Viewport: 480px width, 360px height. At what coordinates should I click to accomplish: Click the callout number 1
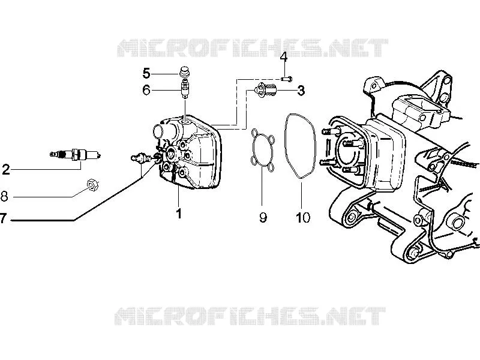pos(179,214)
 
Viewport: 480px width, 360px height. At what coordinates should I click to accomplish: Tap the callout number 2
pos(6,169)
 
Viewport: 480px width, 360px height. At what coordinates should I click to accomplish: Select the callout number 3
pos(301,91)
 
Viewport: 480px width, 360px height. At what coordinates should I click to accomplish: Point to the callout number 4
pos(284,57)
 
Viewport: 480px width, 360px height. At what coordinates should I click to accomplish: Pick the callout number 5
pos(146,74)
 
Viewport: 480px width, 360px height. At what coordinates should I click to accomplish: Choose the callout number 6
pos(146,90)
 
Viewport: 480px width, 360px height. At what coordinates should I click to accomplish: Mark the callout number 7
pos(3,218)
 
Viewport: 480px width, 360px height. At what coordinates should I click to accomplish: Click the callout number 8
pos(4,196)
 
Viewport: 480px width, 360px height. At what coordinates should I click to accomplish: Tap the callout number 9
pos(263,217)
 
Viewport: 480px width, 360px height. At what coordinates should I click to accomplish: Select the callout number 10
pos(303,217)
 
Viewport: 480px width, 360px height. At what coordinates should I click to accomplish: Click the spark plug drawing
pos(76,154)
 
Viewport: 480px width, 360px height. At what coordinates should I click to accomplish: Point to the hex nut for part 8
pos(92,185)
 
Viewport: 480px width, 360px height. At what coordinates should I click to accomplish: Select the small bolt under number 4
pos(286,79)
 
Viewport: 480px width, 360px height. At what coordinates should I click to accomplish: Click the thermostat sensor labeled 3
pos(265,90)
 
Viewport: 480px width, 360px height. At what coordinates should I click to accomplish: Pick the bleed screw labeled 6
pos(185,88)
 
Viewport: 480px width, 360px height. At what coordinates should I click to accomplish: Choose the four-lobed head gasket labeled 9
pos(263,149)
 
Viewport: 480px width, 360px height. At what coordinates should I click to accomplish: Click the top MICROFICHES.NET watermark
pos(253,48)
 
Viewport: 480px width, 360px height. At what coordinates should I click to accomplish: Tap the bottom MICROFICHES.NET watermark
pos(250,316)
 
